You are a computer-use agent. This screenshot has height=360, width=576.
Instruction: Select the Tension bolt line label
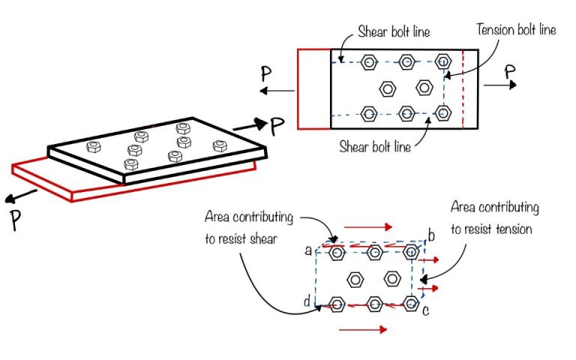(517, 30)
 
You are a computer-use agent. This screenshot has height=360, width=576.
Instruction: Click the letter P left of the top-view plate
(265, 74)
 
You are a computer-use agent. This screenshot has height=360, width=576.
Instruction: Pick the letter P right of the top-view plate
(510, 72)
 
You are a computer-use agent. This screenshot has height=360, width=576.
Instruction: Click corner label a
(308, 250)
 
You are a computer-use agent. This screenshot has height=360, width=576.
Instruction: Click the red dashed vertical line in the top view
(463, 89)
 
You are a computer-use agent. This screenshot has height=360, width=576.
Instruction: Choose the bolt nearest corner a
(337, 253)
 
